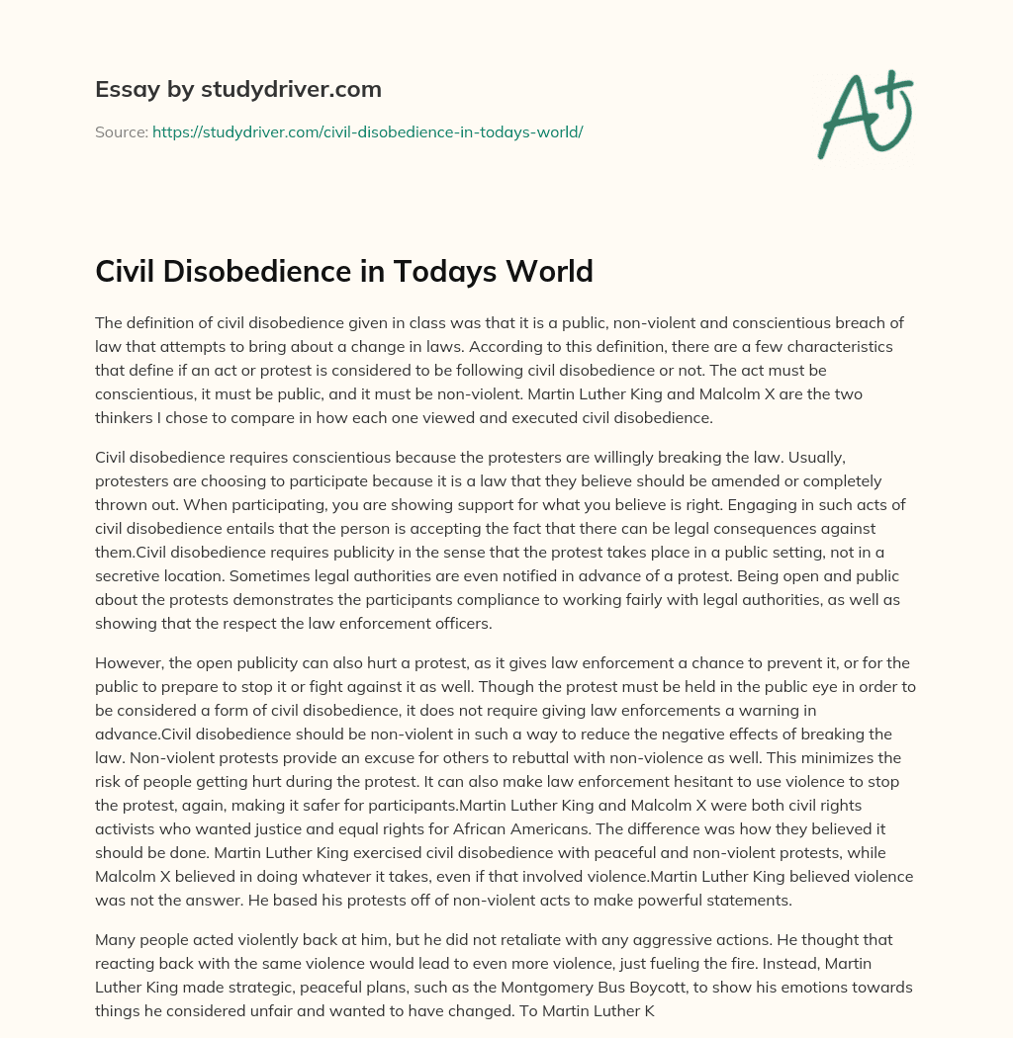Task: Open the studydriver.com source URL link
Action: point(367,131)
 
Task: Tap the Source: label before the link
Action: point(121,131)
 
